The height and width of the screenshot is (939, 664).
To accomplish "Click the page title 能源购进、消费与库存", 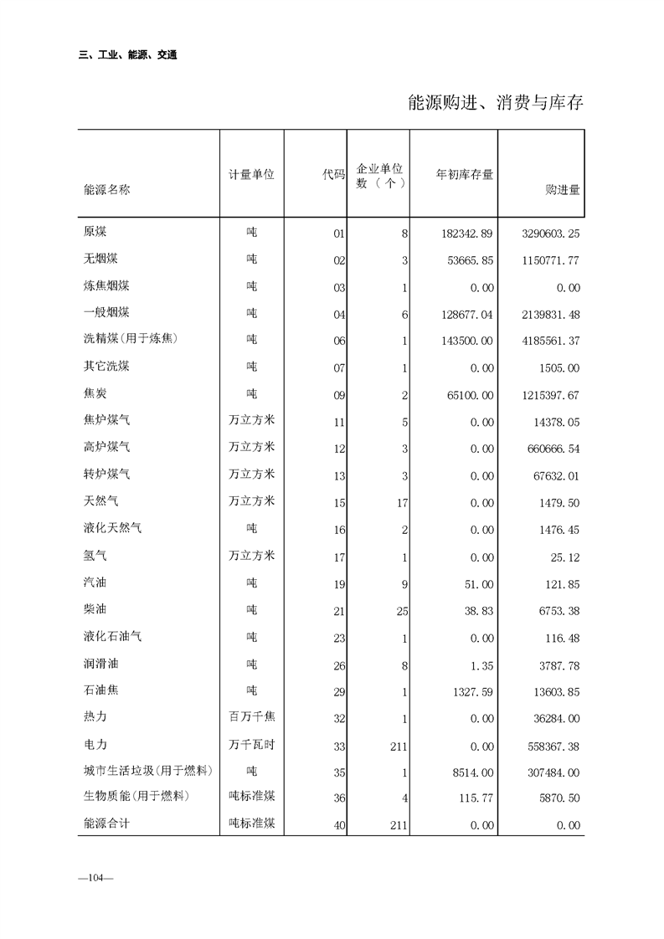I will point(495,103).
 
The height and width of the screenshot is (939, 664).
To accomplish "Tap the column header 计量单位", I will point(252,175).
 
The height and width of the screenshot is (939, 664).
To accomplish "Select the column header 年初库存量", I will point(465,175).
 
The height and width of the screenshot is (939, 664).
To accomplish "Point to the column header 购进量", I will point(562,190).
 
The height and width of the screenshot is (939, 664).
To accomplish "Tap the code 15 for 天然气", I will point(339,503).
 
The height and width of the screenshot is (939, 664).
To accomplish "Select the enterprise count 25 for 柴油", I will point(402,612).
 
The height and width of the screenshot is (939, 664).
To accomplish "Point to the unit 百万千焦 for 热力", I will point(252,716).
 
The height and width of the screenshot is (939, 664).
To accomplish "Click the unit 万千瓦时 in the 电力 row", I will point(252,743).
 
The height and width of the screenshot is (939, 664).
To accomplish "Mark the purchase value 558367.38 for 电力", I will point(550,745).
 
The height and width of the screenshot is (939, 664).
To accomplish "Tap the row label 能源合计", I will point(106,824).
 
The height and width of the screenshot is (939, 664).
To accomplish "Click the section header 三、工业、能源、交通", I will point(127,55).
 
